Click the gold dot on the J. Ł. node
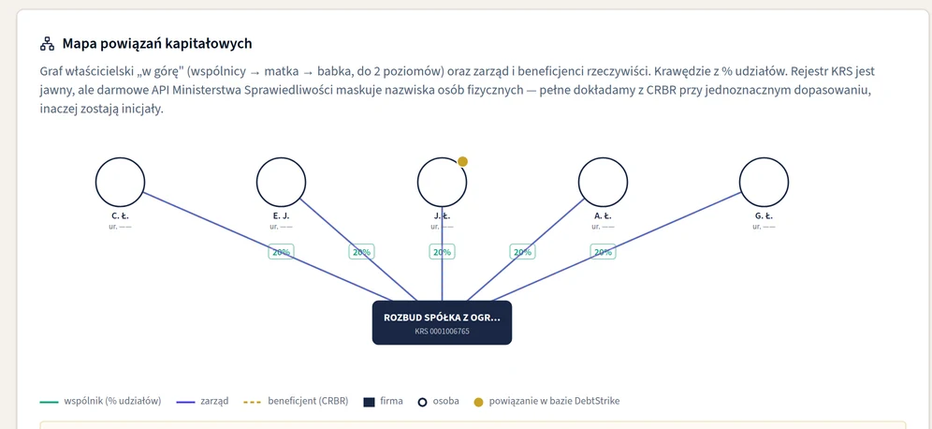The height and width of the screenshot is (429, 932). (462, 161)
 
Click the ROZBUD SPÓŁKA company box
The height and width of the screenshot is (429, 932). (443, 322)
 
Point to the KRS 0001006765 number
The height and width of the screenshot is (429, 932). (443, 331)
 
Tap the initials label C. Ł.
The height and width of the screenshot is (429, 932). (120, 216)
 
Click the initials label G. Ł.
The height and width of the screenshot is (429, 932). (764, 216)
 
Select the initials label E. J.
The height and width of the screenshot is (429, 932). (281, 216)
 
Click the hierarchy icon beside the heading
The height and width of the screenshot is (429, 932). (47, 43)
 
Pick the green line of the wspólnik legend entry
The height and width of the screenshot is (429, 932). (49, 402)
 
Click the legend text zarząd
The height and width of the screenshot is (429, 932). (216, 401)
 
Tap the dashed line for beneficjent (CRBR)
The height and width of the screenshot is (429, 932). (253, 402)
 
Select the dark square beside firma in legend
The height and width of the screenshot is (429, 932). (369, 402)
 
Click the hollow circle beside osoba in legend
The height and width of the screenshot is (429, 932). (423, 402)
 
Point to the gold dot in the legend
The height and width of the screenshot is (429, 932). (478, 402)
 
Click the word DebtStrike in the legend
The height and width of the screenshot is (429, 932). (597, 401)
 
